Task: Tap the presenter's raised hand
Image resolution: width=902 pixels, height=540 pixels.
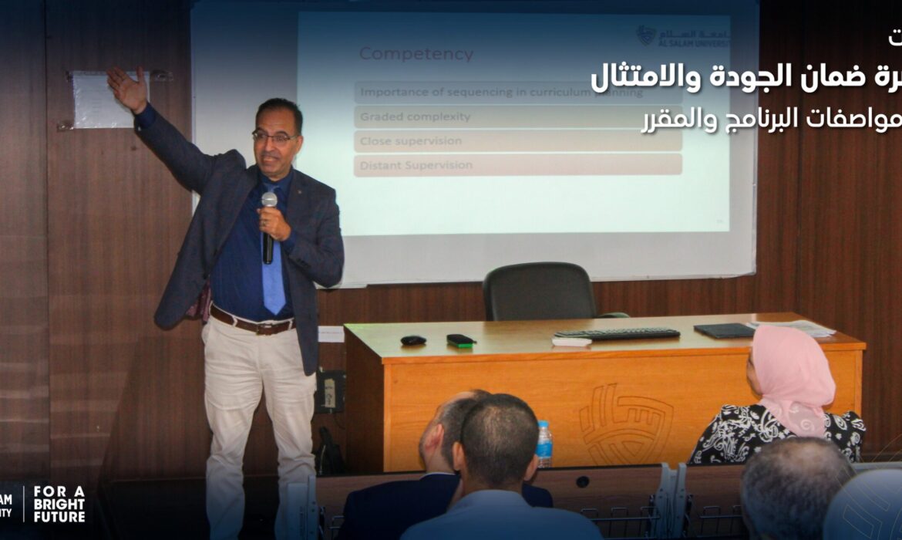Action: (127, 88)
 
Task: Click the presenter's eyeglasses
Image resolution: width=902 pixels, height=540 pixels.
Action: (274, 137)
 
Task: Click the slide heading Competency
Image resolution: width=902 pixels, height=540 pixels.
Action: (416, 54)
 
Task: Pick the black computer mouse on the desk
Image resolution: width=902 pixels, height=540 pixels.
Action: (413, 340)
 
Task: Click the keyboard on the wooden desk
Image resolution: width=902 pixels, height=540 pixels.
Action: (617, 333)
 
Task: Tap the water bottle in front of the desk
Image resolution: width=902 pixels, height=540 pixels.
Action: (544, 444)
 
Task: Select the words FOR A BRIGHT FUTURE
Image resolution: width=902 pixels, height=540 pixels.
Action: (59, 505)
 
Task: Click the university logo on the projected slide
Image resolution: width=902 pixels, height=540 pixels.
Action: (682, 35)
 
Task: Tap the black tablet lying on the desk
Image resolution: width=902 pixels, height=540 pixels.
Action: (725, 330)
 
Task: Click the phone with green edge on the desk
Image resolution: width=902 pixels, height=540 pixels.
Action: (461, 339)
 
